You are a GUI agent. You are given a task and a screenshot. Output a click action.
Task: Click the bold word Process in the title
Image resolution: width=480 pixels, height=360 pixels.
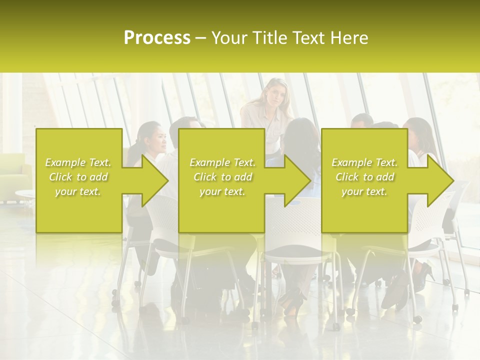click(x=157, y=38)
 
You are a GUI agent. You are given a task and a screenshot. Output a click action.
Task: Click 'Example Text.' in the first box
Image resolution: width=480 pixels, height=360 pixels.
click(x=78, y=162)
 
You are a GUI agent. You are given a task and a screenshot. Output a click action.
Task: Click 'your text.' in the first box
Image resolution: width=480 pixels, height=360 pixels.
click(x=78, y=191)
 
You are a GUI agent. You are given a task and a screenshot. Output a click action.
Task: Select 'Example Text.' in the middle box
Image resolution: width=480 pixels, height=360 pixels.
click(x=222, y=162)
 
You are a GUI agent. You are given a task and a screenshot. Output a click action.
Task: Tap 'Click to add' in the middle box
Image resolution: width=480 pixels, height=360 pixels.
click(x=222, y=177)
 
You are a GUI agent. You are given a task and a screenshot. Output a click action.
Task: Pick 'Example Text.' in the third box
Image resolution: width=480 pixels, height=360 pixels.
click(x=364, y=162)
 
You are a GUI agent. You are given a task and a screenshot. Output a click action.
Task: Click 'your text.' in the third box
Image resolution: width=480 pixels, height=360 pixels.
click(x=364, y=191)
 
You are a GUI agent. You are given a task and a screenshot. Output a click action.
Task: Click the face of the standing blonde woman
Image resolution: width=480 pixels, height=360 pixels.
click(x=274, y=95)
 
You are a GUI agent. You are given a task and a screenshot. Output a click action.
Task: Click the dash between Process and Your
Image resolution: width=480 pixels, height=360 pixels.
click(x=201, y=38)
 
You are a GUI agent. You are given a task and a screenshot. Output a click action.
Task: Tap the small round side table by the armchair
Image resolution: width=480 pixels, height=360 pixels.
click(x=24, y=193)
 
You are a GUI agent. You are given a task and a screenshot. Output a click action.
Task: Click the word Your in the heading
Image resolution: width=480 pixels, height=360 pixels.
click(x=230, y=38)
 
